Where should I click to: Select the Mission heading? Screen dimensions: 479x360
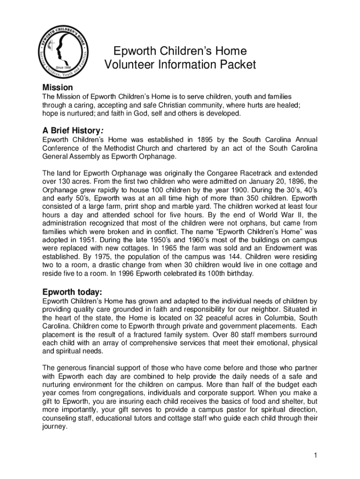58,87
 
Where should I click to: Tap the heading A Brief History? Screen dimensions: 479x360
77,131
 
